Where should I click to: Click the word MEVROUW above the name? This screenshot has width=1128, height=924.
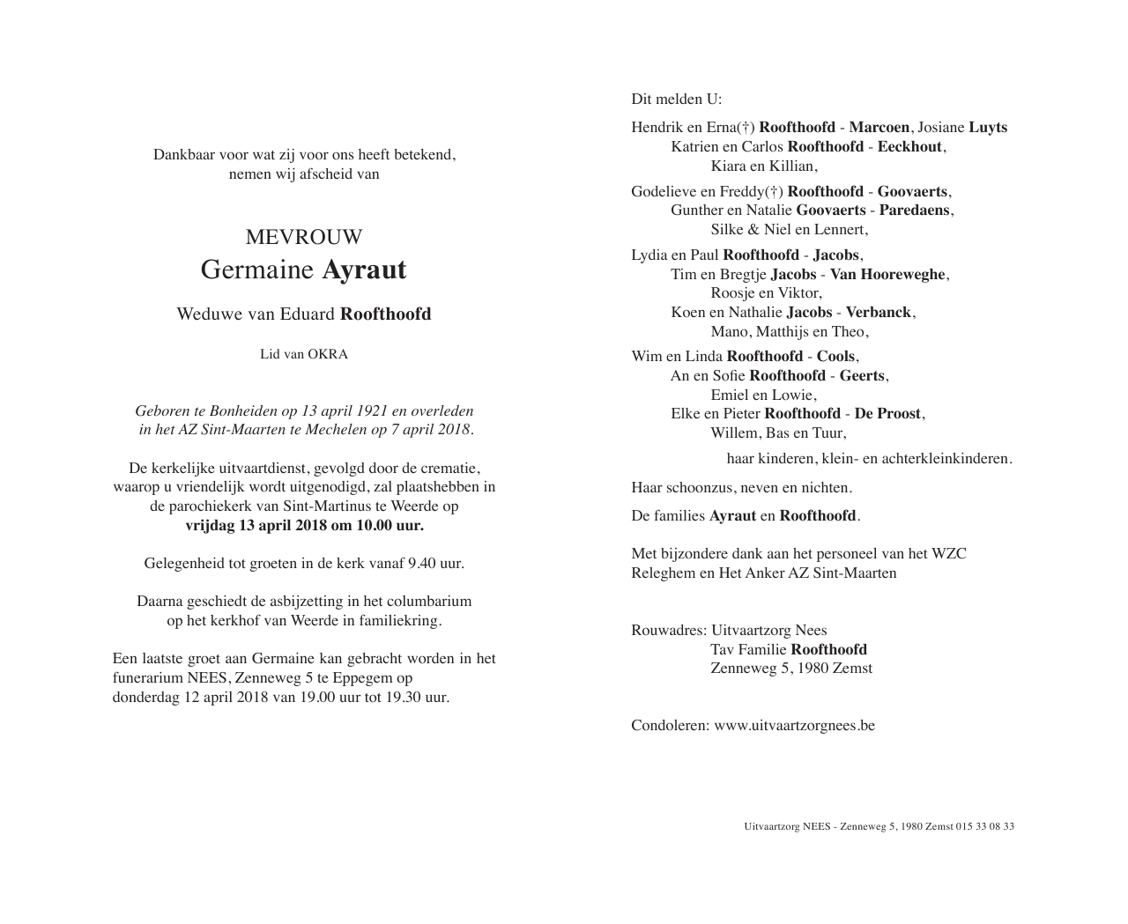point(303,237)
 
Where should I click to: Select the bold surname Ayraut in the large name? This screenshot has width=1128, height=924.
point(364,270)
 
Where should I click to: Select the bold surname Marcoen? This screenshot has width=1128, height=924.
point(879,127)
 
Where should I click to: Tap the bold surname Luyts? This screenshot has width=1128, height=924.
point(988,127)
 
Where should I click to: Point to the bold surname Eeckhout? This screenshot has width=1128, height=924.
point(909,146)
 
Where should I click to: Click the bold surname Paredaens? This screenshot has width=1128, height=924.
point(915,210)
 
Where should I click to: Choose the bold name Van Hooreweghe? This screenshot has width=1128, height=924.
point(887,274)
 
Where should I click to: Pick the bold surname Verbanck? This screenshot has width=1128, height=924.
point(879,312)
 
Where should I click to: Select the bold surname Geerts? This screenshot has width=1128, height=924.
point(862,375)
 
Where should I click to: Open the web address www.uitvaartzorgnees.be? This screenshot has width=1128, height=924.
point(794,725)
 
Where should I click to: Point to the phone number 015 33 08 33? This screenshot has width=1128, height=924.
point(984,826)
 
